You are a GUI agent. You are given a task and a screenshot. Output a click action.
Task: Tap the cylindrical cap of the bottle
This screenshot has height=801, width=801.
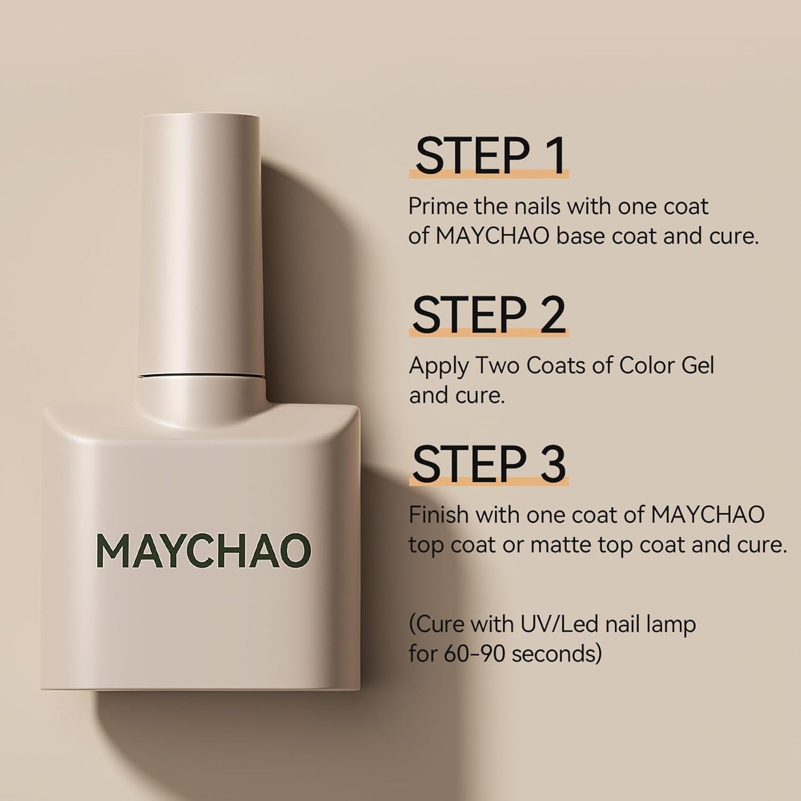coord(199,244)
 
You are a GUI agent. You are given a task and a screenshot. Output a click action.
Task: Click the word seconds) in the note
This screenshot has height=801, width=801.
coord(557,654)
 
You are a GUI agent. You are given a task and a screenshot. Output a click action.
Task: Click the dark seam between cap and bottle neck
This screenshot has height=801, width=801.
coord(199,376)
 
